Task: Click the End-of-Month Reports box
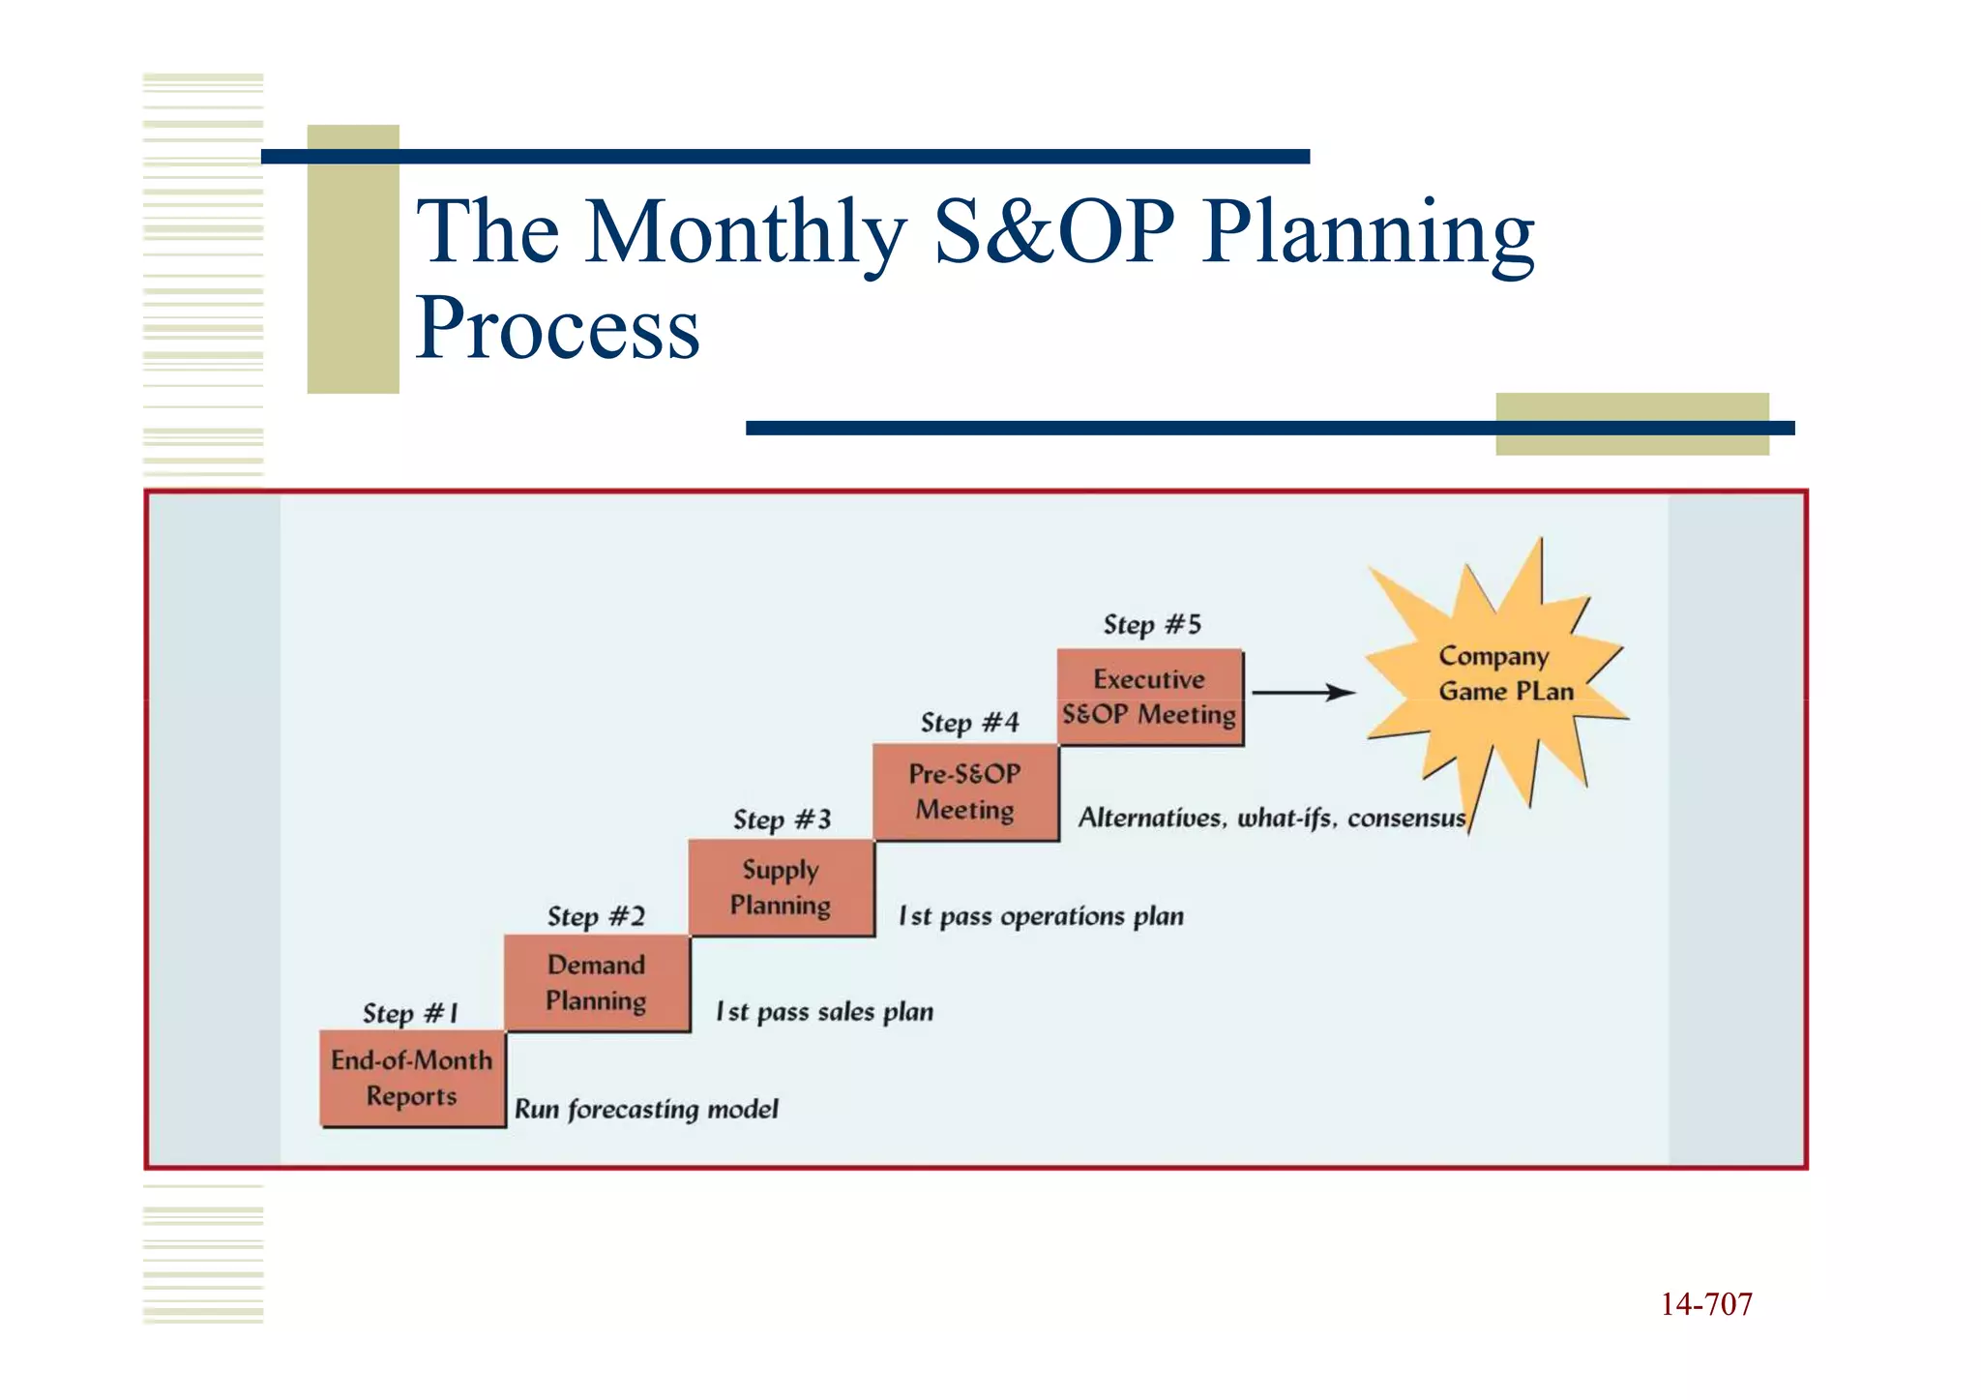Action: point(412,1079)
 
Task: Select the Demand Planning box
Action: point(597,983)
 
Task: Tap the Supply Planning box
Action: point(781,887)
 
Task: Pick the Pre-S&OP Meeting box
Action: point(965,791)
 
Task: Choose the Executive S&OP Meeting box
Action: point(1149,697)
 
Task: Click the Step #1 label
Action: point(410,1013)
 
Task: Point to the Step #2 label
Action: point(596,916)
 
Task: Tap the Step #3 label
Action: point(782,819)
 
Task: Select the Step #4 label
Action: point(969,723)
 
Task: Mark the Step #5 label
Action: point(1152,624)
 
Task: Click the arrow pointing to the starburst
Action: point(1303,693)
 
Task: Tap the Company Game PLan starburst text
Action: point(1504,673)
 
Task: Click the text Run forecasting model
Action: point(645,1109)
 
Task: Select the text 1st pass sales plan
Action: point(824,1012)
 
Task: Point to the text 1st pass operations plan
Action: point(1041,916)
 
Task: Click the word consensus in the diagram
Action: point(1405,819)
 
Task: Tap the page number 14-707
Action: point(1705,1304)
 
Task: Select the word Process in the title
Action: point(557,328)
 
